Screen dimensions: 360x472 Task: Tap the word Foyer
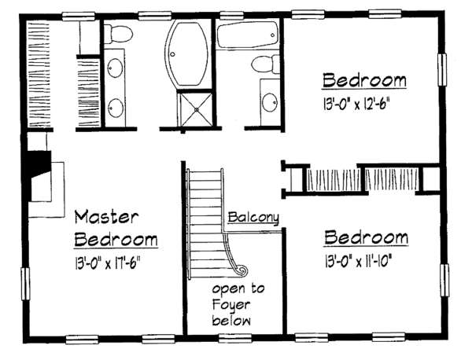pyautogui.click(x=230, y=306)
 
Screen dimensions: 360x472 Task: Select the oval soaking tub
pyautogui.click(x=187, y=55)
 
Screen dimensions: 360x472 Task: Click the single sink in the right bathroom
pyautogui.click(x=269, y=101)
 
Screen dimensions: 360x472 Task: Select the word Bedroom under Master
pyautogui.click(x=118, y=239)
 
